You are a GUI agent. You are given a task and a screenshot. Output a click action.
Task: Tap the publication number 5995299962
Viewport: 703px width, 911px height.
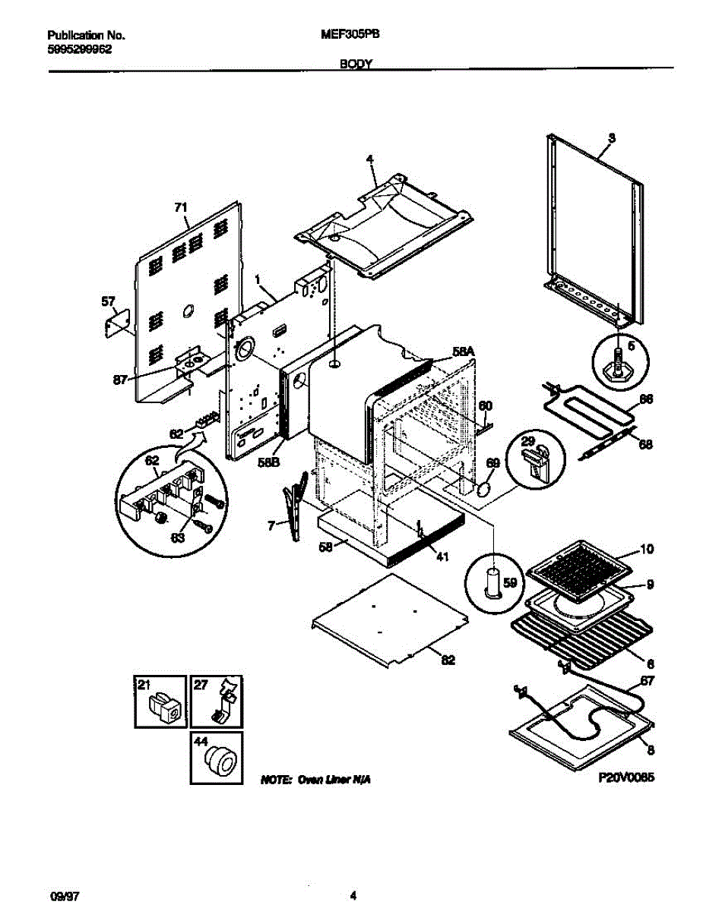(79, 47)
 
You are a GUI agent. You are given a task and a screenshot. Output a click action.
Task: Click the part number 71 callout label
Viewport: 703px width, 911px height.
(180, 207)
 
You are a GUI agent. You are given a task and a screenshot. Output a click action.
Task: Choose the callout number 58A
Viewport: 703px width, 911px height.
(463, 351)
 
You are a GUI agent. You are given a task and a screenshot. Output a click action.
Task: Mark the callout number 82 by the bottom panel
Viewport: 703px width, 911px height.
(448, 660)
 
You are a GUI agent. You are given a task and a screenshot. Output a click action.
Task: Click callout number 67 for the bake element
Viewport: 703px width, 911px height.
(646, 680)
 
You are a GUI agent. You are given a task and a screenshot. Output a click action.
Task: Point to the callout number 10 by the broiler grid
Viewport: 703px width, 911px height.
(646, 548)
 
